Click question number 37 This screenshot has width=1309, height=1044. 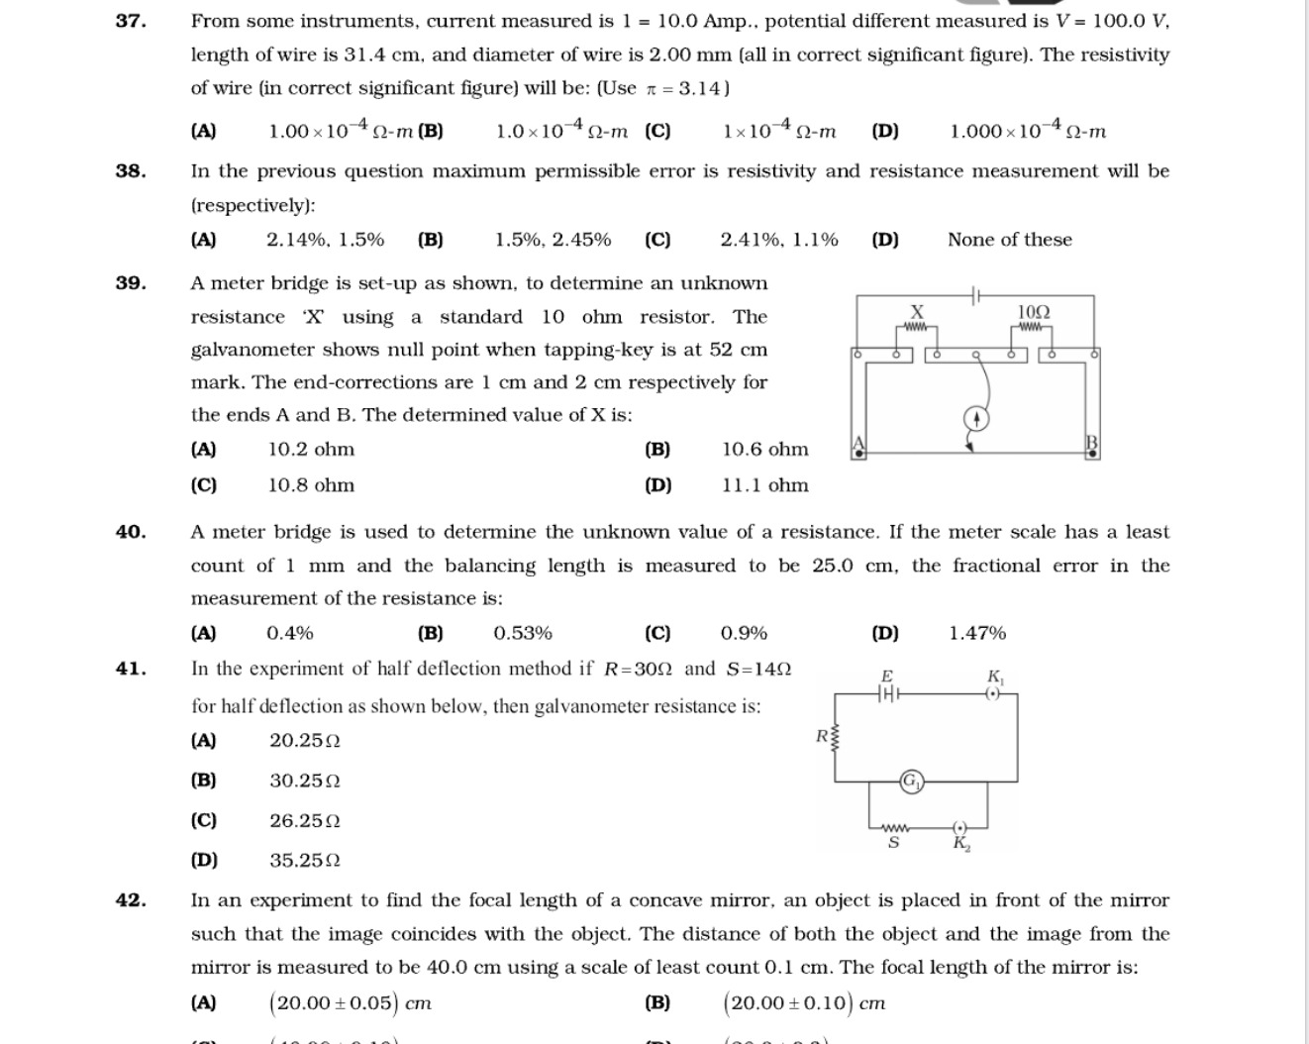click(131, 21)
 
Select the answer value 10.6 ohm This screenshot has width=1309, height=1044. click(764, 450)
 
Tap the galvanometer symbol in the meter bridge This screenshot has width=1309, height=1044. click(976, 419)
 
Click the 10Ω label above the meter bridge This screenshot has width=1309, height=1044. click(1034, 312)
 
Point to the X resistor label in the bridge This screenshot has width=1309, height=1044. click(917, 311)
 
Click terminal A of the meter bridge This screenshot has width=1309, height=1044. click(858, 443)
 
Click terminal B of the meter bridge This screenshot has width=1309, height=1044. click(1092, 443)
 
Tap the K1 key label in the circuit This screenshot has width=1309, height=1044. click(995, 677)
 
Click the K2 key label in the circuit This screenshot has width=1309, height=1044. click(961, 844)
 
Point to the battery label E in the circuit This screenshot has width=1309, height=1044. click(887, 676)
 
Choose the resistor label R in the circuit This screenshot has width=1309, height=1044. click(822, 736)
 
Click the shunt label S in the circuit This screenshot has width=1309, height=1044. click(893, 843)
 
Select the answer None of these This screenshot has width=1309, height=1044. click(1009, 240)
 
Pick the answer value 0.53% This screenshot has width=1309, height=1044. click(523, 633)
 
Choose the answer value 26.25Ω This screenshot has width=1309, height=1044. click(305, 821)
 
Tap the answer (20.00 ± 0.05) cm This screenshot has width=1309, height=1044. click(351, 1003)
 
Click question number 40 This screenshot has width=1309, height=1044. click(131, 532)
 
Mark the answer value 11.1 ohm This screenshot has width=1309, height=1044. click(764, 485)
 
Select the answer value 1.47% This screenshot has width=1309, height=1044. click(976, 633)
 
